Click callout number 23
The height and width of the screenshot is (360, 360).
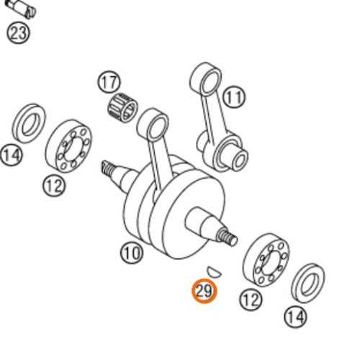coord(18,33)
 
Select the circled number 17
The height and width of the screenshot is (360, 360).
coord(109,82)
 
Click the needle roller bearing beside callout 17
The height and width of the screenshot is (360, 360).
coord(122,107)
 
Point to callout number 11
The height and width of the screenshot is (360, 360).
coord(234,97)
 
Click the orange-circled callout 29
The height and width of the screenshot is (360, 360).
coord(204,292)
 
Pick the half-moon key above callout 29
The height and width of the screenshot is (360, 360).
coord(215,272)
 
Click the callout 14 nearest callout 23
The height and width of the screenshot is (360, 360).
coord(12,155)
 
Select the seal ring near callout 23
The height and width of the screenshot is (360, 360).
coord(29,124)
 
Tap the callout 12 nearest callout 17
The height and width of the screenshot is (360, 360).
coord(55,185)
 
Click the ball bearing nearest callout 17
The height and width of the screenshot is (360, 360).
coord(68,146)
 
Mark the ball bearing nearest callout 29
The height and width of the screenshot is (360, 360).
coord(266,260)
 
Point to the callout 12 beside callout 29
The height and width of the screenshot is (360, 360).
coord(251,299)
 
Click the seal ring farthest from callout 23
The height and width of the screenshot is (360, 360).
coord(308,283)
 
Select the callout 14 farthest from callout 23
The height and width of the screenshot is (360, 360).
coord(296,317)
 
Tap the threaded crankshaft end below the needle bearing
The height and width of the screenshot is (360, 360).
coord(108,169)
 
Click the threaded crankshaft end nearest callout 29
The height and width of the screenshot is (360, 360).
coord(228,238)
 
